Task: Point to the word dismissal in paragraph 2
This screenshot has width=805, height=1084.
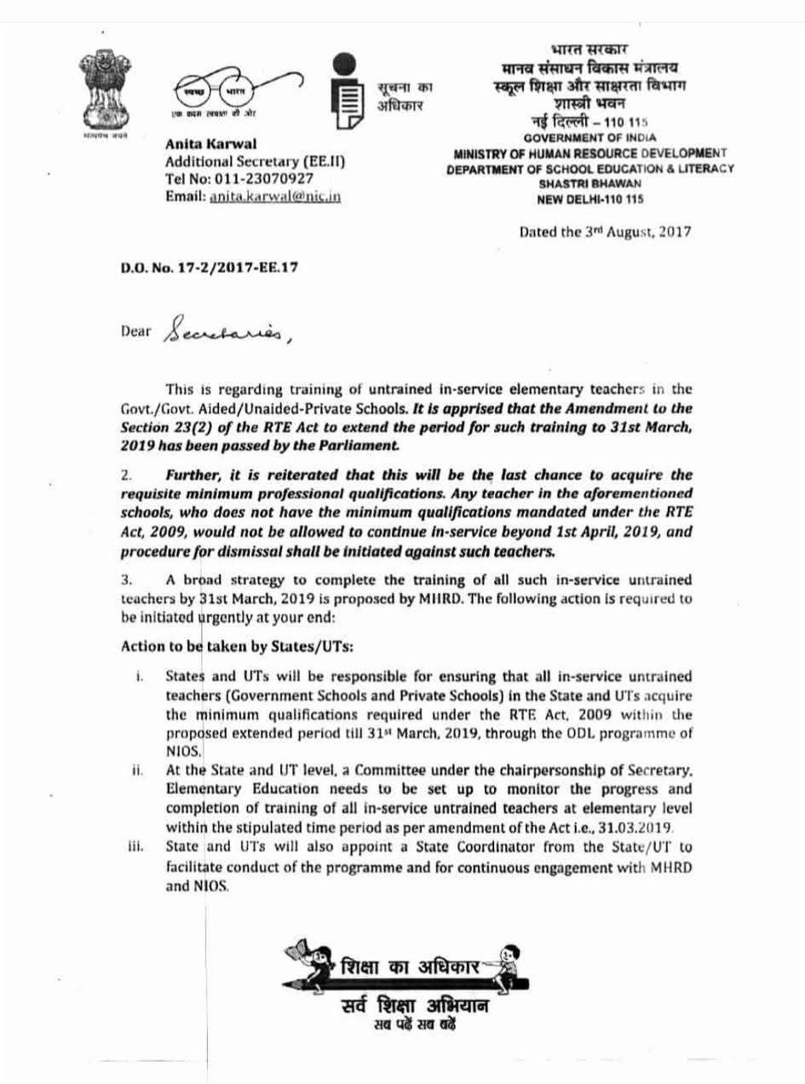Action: (224, 551)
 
